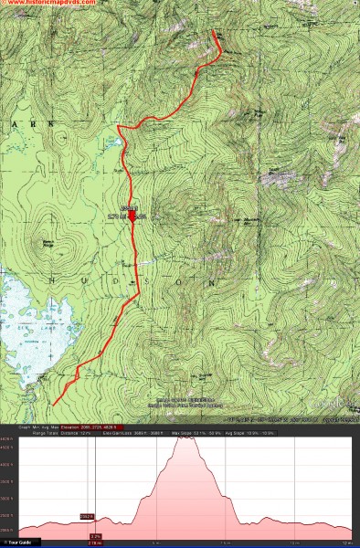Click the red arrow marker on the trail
pos(132,216)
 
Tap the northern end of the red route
pos(216,33)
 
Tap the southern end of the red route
pos(54,404)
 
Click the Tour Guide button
pos(17,543)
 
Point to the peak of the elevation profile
pos(187,438)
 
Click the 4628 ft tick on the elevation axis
pos(7,439)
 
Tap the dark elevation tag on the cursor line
pos(89,517)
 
